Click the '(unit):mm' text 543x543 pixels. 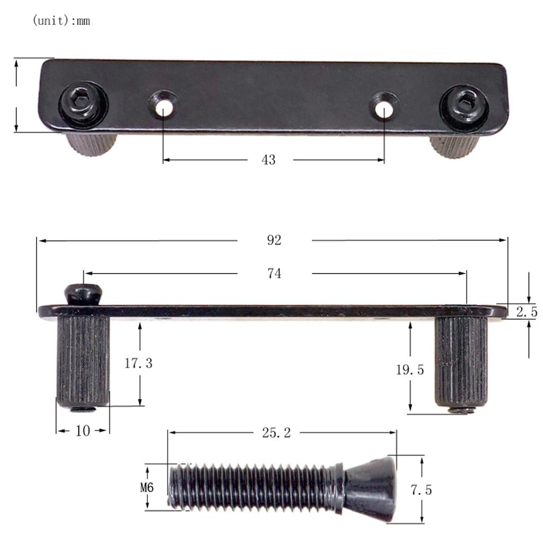(x=61, y=21)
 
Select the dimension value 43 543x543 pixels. (x=268, y=160)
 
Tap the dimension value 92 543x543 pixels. (x=274, y=240)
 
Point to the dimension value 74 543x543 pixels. (x=274, y=274)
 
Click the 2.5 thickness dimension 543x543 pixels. (x=526, y=312)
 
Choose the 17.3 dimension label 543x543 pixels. (x=138, y=364)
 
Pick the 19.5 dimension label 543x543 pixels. (x=410, y=370)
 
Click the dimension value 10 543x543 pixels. (x=83, y=431)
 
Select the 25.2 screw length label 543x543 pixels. (x=276, y=433)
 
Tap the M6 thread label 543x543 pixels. (x=147, y=487)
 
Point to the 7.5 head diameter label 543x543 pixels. (x=421, y=490)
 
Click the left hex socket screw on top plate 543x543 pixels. (x=83, y=103)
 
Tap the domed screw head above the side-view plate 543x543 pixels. (x=83, y=293)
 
